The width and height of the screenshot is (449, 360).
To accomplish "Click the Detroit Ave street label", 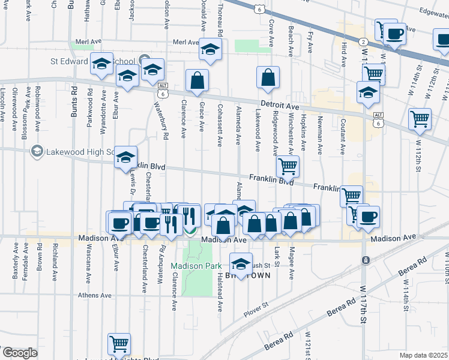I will tap(280, 106).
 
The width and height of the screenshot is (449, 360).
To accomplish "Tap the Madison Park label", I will tap(191, 266).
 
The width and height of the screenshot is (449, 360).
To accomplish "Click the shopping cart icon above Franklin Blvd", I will tap(288, 166).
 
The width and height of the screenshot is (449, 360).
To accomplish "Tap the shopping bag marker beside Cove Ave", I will tap(268, 77).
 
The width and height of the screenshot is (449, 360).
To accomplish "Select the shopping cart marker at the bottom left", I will tap(119, 344).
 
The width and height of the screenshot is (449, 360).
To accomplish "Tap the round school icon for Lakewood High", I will tap(37, 151).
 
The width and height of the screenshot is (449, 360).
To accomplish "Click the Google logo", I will tap(19, 353).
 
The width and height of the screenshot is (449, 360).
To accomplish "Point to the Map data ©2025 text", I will tap(423, 355).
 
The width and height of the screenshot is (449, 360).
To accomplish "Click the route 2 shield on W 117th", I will tap(364, 41).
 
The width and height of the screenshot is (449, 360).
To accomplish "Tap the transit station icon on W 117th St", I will tap(364, 260).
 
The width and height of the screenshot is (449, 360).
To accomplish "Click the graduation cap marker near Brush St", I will tap(241, 264).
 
